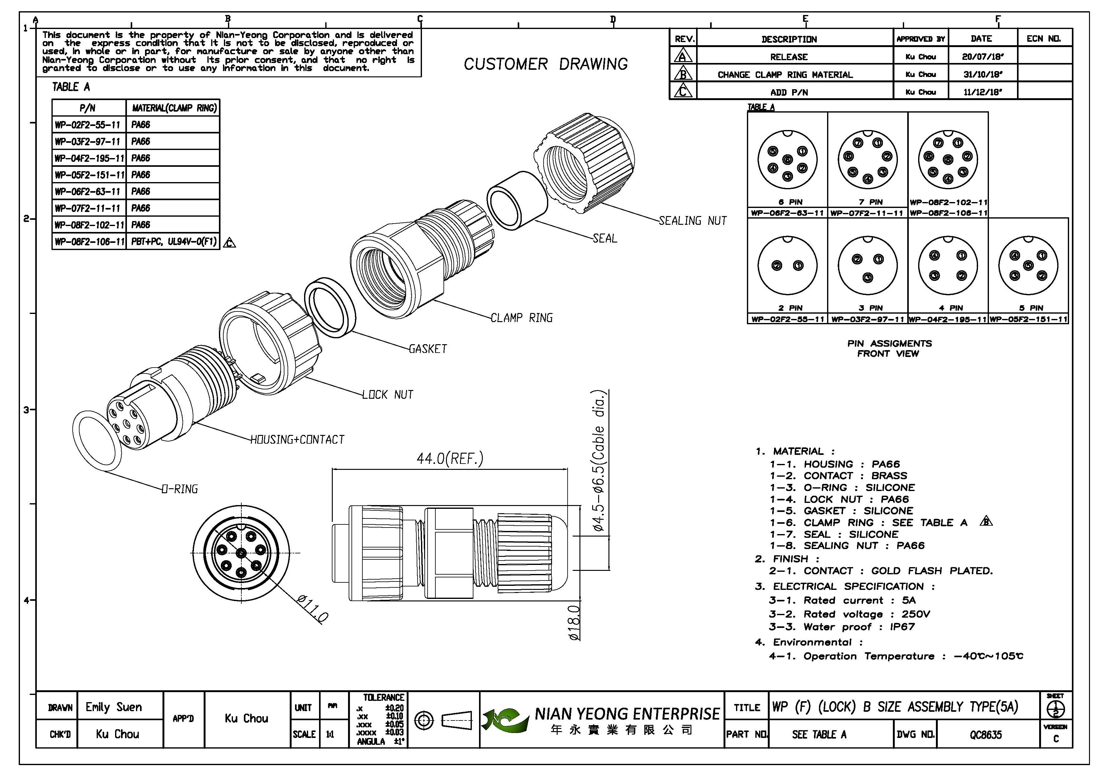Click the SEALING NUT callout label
tap(692, 221)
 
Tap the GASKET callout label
tap(428, 349)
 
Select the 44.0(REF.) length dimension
tap(450, 458)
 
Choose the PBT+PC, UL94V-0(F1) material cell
tap(173, 241)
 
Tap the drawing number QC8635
tap(986, 735)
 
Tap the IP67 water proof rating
tap(902, 627)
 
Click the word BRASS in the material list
tap(889, 476)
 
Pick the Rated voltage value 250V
tap(915, 614)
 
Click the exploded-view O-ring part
tap(97, 441)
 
